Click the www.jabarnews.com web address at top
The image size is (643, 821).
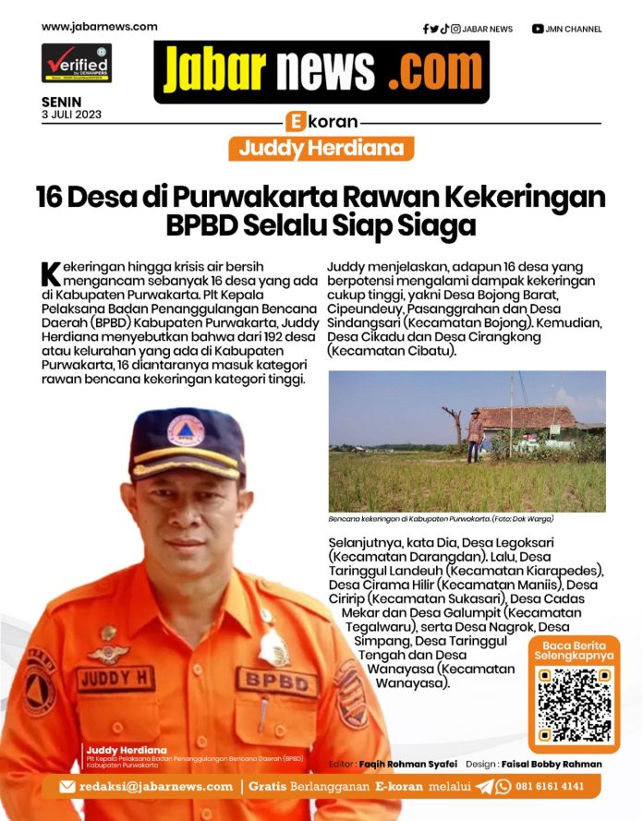(x=100, y=27)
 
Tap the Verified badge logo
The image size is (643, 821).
(x=76, y=64)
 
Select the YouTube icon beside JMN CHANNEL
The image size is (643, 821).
(x=538, y=29)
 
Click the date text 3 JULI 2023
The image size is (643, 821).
(x=72, y=115)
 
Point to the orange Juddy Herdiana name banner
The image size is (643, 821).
(x=321, y=149)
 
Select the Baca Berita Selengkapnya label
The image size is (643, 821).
(x=574, y=649)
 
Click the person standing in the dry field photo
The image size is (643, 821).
(x=474, y=433)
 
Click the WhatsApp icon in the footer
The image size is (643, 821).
(x=503, y=787)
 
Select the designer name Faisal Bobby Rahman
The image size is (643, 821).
(x=552, y=765)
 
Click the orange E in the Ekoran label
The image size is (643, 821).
(x=296, y=122)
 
